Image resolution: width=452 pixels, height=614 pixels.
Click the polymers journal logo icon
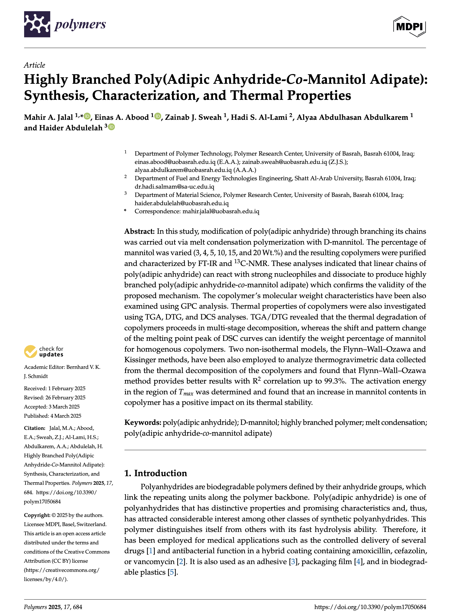coord(37,24)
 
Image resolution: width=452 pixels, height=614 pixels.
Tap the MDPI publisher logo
coord(409,27)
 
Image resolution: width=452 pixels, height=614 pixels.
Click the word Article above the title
coord(34,65)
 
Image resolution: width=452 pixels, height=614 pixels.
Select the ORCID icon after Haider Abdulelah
coord(111,127)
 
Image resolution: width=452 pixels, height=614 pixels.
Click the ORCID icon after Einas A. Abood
coord(158,116)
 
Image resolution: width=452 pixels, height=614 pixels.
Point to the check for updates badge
coord(44,351)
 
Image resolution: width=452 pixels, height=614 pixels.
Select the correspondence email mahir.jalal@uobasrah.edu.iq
coord(221,211)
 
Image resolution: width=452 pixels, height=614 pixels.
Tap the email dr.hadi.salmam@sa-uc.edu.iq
coord(174,187)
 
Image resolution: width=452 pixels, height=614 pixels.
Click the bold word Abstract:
coord(139,231)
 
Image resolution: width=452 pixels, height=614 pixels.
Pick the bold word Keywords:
coord(143,422)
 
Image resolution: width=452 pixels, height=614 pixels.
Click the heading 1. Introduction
coord(156,473)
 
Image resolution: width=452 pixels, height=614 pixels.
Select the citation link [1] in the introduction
coord(151,551)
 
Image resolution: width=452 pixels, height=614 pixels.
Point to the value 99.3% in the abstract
coord(335,381)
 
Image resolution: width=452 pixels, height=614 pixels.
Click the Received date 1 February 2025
coord(67,388)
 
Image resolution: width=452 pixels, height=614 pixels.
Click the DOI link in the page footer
coord(370,607)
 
